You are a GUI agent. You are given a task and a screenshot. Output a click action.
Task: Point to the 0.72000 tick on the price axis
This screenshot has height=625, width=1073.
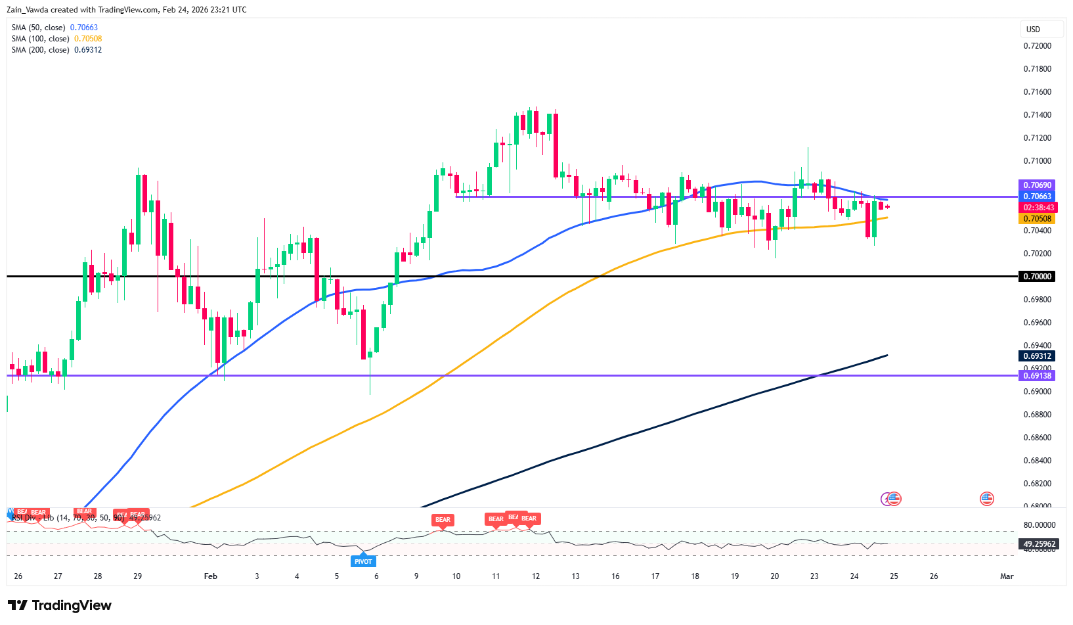[1037, 46]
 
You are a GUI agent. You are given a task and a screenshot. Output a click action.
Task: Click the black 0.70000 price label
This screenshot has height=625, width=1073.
[1037, 277]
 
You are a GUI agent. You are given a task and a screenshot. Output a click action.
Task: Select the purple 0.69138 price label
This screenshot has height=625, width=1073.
[1037, 376]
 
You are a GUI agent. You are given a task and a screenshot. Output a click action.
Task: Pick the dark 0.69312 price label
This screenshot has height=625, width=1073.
[1037, 356]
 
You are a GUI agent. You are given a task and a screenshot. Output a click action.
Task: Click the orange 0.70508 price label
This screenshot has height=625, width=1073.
[1037, 219]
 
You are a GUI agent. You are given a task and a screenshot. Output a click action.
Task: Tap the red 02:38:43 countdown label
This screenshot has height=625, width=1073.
[1038, 208]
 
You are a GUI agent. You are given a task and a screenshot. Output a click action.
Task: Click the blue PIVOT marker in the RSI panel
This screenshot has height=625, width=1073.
[363, 561]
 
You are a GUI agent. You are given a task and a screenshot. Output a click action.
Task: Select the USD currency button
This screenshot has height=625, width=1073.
[1034, 30]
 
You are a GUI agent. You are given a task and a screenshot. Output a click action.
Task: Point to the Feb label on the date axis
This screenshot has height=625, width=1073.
[210, 576]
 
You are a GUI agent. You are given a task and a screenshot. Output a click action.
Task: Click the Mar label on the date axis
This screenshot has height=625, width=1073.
[1006, 576]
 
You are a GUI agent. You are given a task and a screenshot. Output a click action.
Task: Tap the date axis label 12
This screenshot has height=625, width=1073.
[536, 576]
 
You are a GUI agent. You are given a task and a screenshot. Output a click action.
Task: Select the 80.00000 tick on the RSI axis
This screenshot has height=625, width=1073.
[1039, 525]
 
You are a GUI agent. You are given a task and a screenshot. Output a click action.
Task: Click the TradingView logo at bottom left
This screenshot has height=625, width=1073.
[59, 605]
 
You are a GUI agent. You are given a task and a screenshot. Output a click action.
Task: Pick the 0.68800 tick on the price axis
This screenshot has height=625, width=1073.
[1037, 415]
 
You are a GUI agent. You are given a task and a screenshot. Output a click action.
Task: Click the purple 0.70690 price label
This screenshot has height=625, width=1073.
[1037, 185]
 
